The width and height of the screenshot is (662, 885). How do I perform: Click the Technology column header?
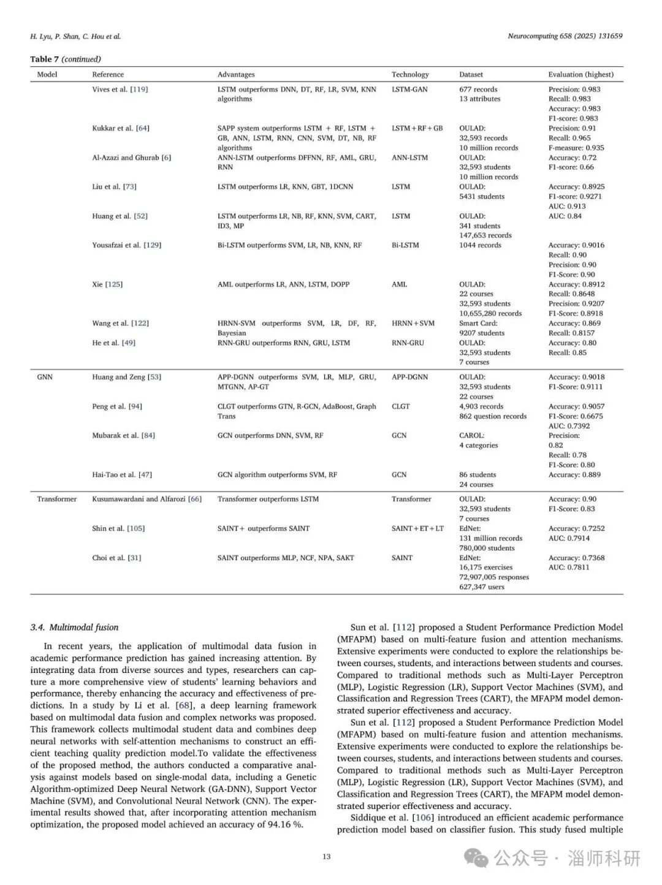tap(410, 74)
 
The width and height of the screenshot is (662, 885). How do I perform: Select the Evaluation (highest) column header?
tap(580, 74)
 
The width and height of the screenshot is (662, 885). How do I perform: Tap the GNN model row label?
tap(45, 377)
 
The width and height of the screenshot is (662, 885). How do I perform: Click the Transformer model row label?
tap(57, 499)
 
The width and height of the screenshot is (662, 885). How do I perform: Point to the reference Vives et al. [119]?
tap(120, 89)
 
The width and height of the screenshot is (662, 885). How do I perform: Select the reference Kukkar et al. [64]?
tap(120, 128)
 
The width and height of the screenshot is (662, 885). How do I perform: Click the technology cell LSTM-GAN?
tap(409, 89)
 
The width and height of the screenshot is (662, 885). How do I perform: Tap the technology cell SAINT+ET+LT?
tap(417, 528)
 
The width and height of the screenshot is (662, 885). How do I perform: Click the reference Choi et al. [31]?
tap(116, 558)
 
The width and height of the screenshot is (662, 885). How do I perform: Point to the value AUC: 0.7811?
tap(569, 568)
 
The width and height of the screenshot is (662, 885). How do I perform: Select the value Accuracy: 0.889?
tap(574, 474)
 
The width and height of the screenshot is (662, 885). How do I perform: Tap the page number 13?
tap(326, 856)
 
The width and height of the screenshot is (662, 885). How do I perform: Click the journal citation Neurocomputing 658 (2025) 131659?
tap(565, 36)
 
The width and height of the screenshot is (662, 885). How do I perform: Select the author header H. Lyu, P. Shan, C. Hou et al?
tap(75, 36)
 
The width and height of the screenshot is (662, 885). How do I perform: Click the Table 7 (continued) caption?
tap(66, 59)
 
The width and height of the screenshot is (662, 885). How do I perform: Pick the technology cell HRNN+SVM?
tap(413, 323)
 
